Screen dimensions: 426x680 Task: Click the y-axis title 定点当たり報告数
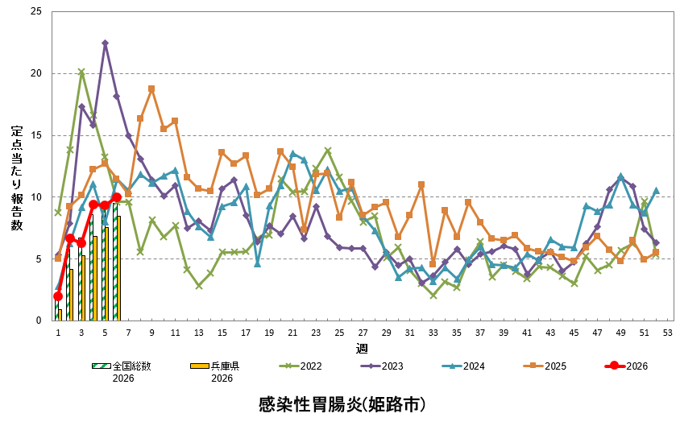click(17, 179)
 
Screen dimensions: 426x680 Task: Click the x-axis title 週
click(362, 349)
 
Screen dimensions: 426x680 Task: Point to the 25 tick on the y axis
click(35, 12)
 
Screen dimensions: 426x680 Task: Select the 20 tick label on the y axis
click(35, 73)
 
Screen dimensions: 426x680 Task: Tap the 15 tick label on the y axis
click(35, 135)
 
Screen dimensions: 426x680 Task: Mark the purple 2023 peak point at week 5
click(105, 43)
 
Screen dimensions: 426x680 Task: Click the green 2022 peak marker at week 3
click(81, 72)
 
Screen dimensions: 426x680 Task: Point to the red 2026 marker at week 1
click(58, 296)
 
